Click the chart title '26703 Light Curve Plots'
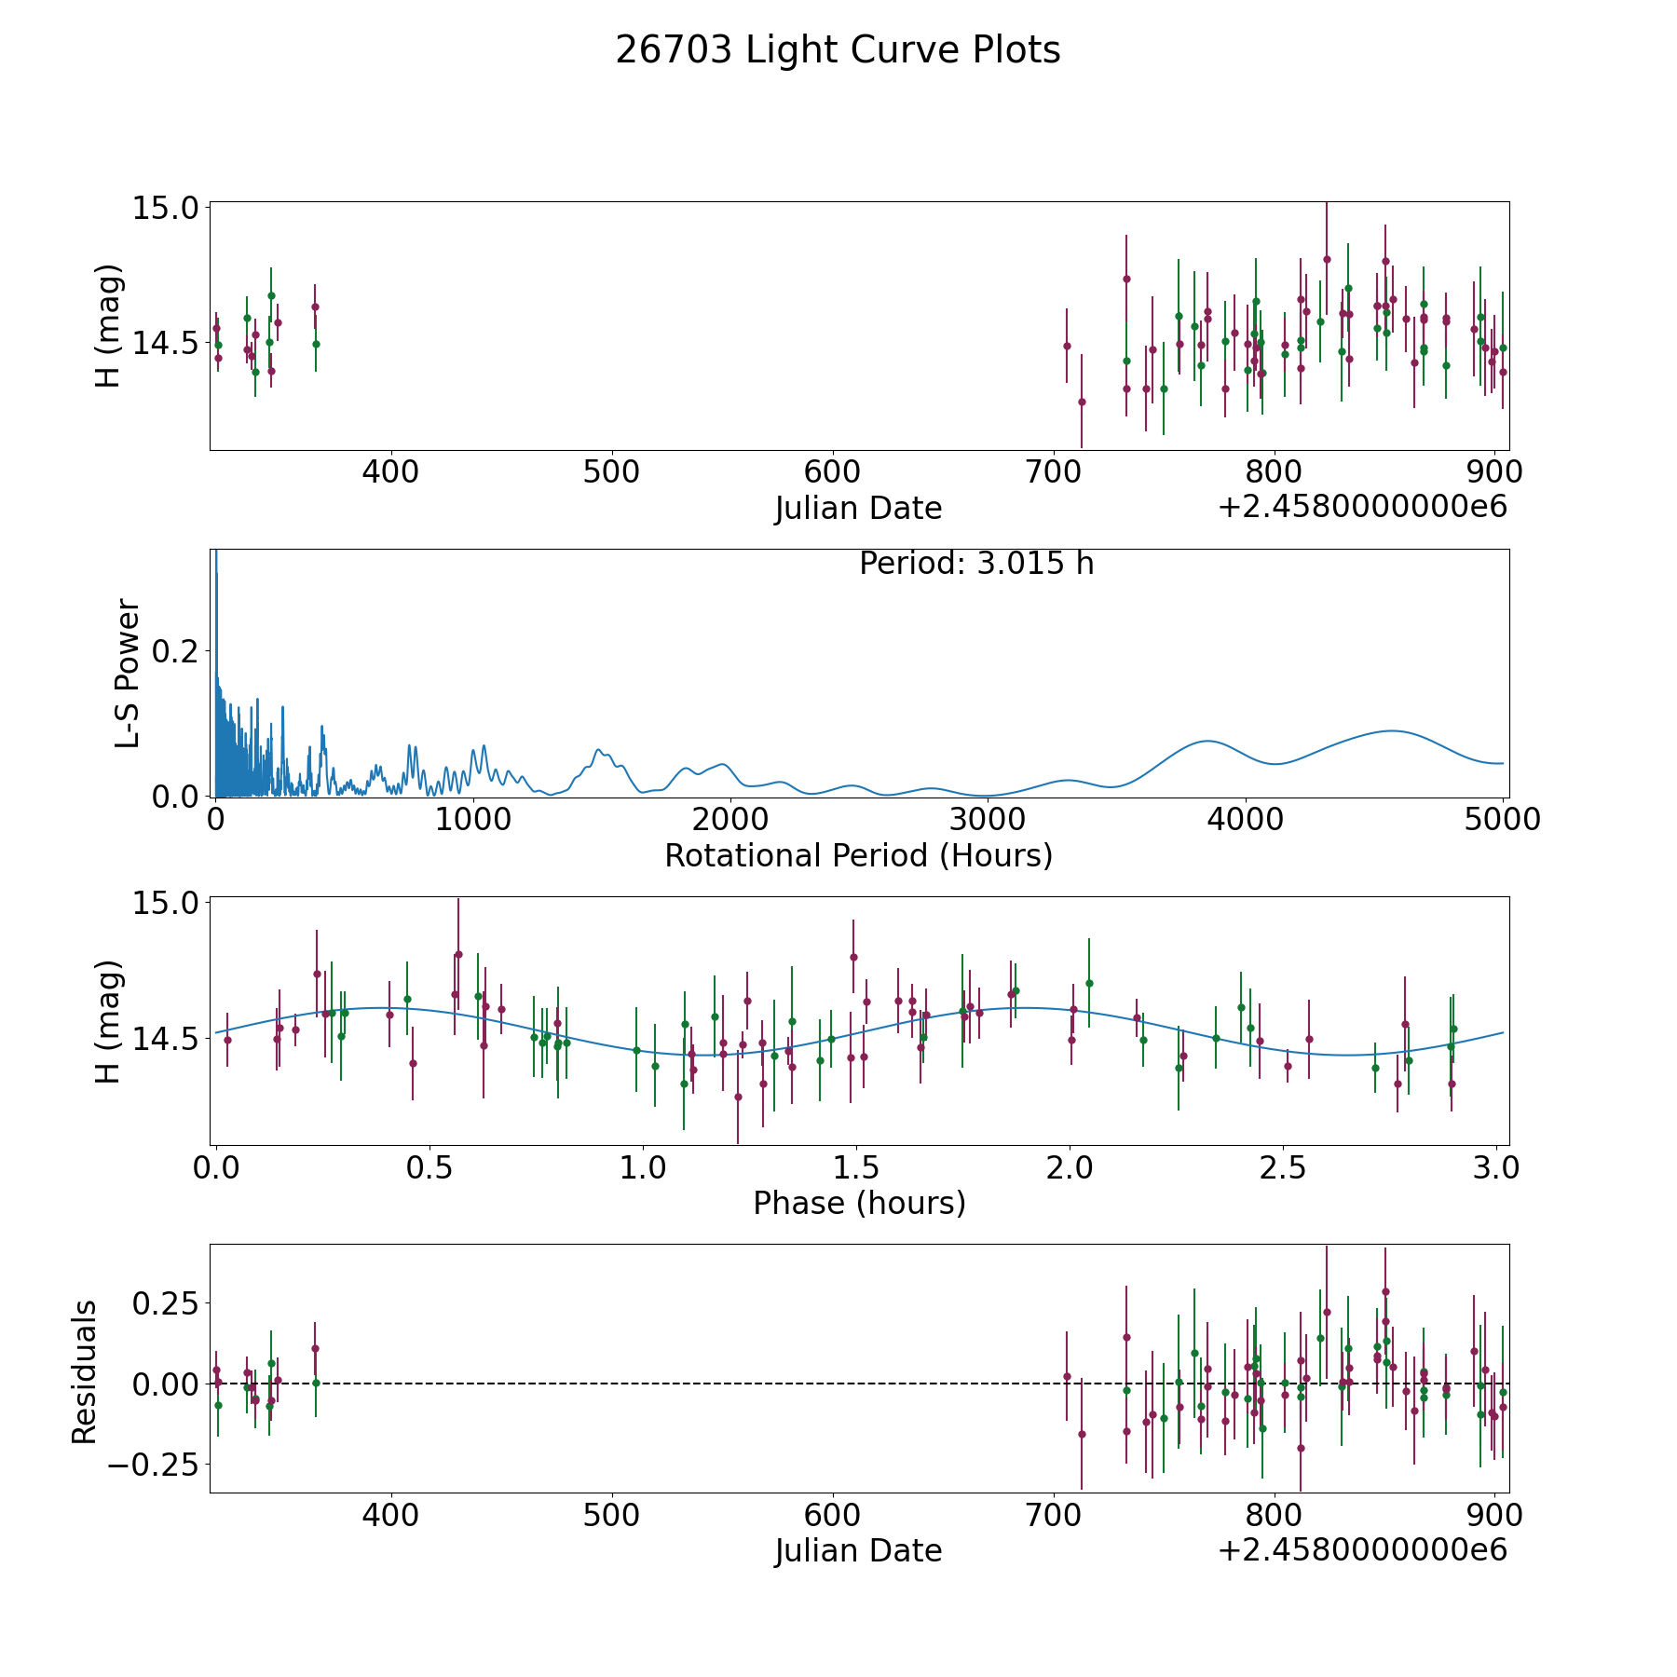click(x=838, y=50)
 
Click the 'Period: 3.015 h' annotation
click(x=976, y=564)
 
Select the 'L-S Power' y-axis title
click(x=128, y=673)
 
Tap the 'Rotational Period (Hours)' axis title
click(x=858, y=855)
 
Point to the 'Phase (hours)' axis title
click(x=859, y=1203)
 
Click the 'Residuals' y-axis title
click(x=85, y=1371)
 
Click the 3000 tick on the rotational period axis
click(x=988, y=820)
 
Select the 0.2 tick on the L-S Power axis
click(x=176, y=650)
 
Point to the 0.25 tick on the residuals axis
click(x=167, y=1302)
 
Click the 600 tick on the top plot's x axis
click(x=831, y=472)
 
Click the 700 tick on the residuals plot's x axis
click(x=1052, y=1515)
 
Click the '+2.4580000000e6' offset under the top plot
click(x=1362, y=508)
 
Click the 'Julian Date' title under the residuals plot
click(x=858, y=1550)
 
